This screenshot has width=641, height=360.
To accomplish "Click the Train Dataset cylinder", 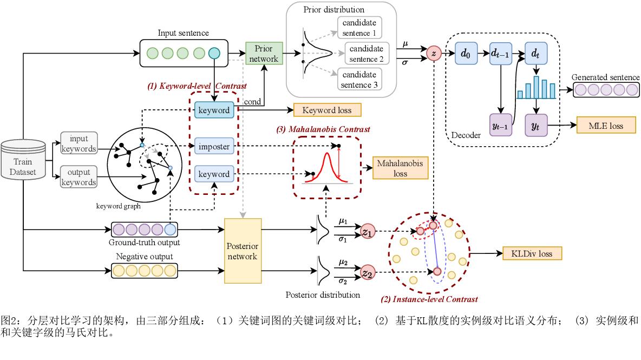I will pyautogui.click(x=23, y=161).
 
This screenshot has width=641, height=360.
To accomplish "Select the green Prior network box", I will pyautogui.click(x=263, y=54).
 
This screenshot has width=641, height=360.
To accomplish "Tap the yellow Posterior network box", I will pyautogui.click(x=243, y=251).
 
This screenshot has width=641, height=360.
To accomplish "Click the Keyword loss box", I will pyautogui.click(x=327, y=110).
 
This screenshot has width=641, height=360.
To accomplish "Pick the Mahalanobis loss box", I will pyautogui.click(x=400, y=168).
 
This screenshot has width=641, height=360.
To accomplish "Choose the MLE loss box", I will pyautogui.click(x=605, y=126).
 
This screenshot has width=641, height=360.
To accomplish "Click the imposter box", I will pyautogui.click(x=214, y=146).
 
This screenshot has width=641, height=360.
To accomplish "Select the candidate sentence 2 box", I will pyautogui.click(x=359, y=54).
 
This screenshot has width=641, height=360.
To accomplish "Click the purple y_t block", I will pyautogui.click(x=536, y=126).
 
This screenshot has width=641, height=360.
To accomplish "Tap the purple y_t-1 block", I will pyautogui.click(x=501, y=126).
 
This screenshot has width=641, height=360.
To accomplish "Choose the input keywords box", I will pyautogui.click(x=79, y=143).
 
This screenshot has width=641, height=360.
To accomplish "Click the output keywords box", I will pyautogui.click(x=79, y=177).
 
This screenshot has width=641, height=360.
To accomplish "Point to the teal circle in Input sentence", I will pyautogui.click(x=214, y=53).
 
